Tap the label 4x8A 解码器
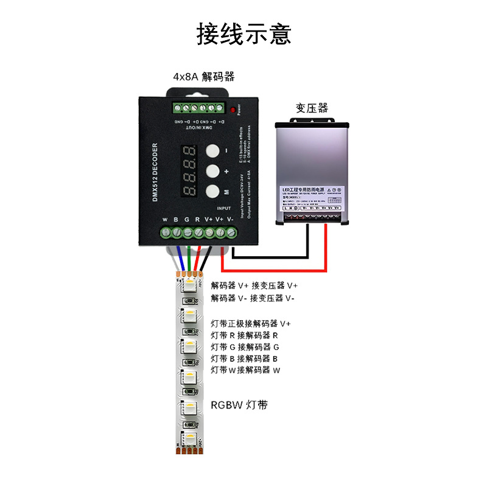(x=203, y=77)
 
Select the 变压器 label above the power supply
(x=312, y=108)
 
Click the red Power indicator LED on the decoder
(x=233, y=110)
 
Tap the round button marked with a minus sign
(x=211, y=150)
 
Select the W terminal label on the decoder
(x=165, y=219)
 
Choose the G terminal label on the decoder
(x=187, y=219)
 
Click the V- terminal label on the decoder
(x=230, y=219)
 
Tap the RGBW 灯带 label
(x=239, y=405)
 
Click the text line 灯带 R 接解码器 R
(x=244, y=335)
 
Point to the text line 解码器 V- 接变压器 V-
(x=253, y=298)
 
